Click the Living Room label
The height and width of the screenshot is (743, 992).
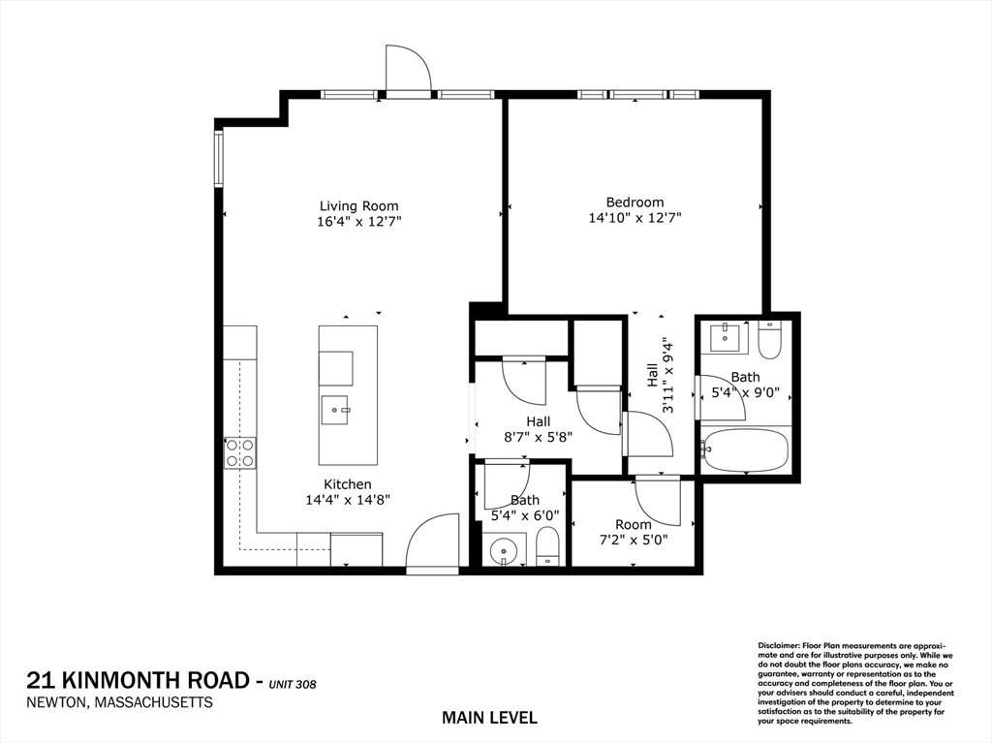(358, 205)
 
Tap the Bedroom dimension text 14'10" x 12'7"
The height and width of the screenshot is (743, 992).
(635, 219)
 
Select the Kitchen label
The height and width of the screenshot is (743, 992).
(347, 484)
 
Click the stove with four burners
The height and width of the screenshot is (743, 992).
(240, 452)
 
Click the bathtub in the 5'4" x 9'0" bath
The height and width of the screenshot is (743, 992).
(744, 450)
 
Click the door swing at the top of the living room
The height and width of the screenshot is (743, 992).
(407, 69)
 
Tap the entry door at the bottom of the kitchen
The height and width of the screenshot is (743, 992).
(432, 543)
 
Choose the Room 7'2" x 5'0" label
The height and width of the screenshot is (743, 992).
(634, 532)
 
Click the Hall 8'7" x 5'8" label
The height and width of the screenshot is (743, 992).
(538, 428)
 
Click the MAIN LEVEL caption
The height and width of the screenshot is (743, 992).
(488, 718)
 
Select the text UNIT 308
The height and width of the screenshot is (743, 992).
(293, 685)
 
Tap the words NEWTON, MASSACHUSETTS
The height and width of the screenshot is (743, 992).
(121, 703)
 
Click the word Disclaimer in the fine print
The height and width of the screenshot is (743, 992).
(778, 645)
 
